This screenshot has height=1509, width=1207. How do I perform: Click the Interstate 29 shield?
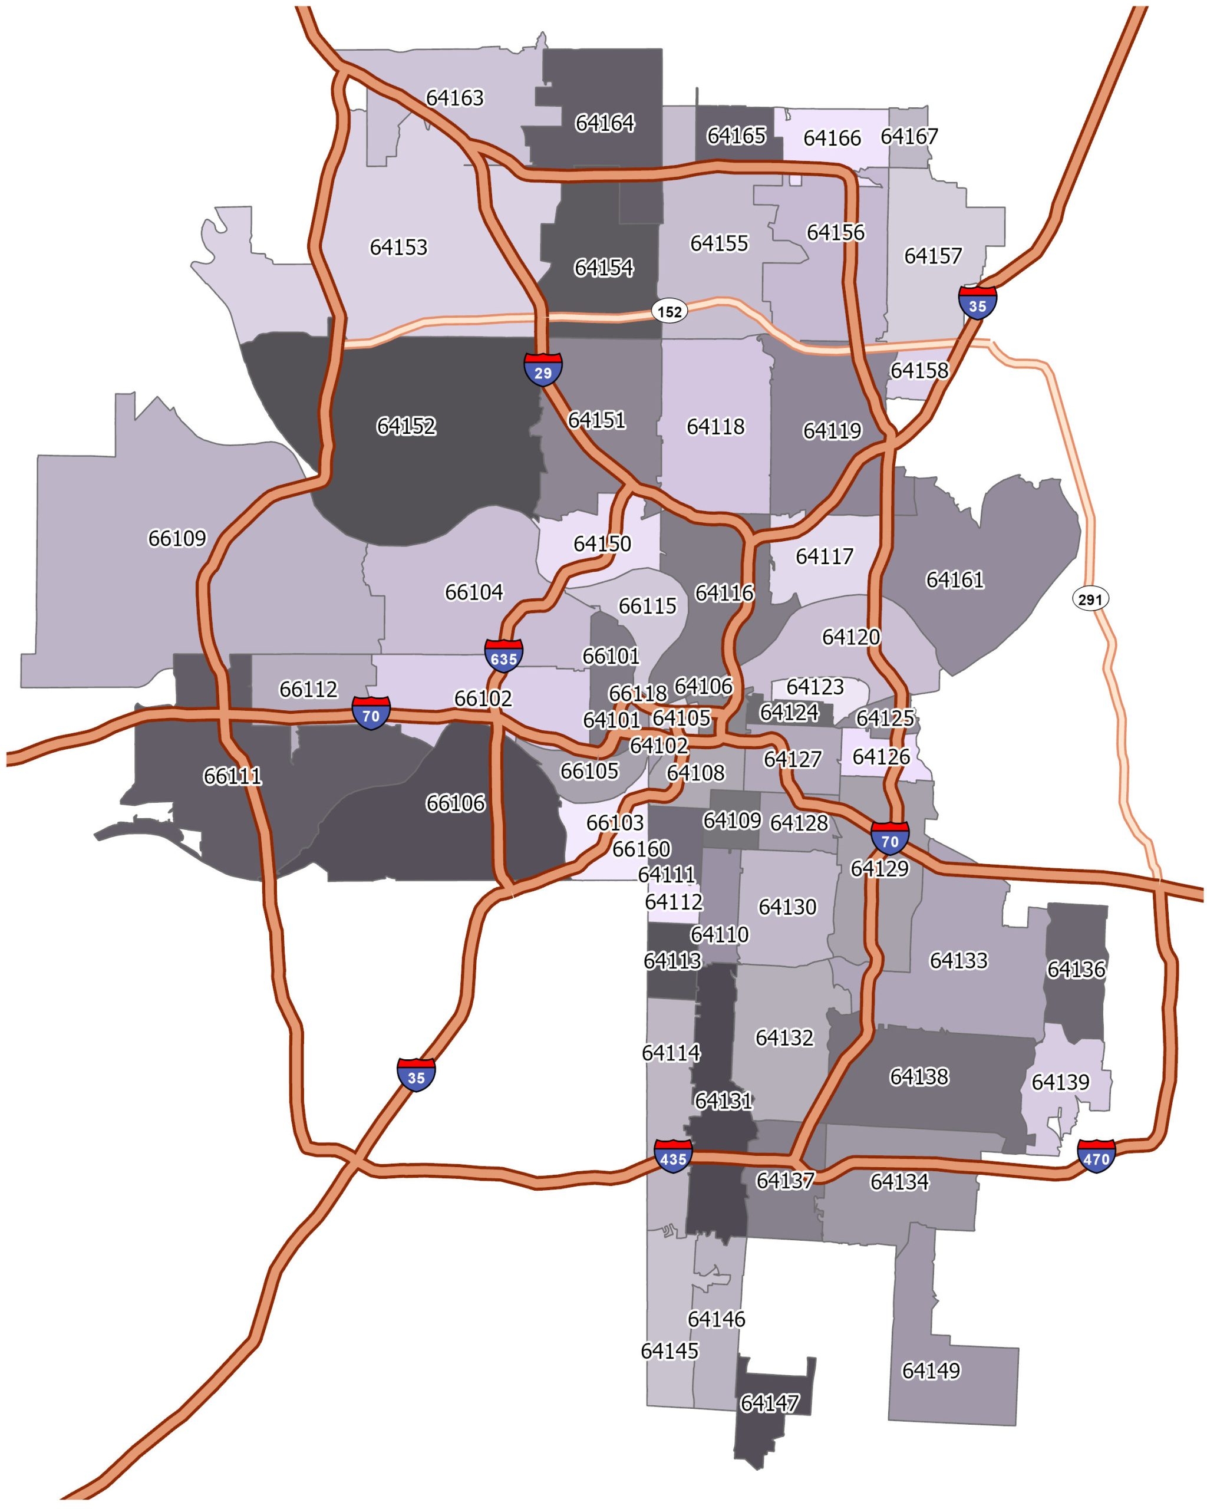pos(543,370)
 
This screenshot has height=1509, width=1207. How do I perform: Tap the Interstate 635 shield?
pos(503,656)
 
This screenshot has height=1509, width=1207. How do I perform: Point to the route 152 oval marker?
pos(670,311)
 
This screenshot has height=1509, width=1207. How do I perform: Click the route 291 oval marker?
pos(1090,598)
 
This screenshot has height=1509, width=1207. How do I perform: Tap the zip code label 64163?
pos(455,98)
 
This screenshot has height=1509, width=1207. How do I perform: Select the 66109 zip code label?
pos(177,538)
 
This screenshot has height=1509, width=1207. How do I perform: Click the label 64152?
pos(406,426)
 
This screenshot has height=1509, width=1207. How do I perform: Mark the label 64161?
pos(954,579)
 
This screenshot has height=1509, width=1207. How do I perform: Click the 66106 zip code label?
pos(455,803)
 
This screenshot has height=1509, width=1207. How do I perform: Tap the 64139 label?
pos(1060,1082)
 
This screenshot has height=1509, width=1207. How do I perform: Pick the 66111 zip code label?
pos(232,776)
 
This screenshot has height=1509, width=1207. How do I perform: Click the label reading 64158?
pos(919,370)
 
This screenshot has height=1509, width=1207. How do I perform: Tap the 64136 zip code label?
pos(1076,970)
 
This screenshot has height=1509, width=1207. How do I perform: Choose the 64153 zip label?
pos(398,247)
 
